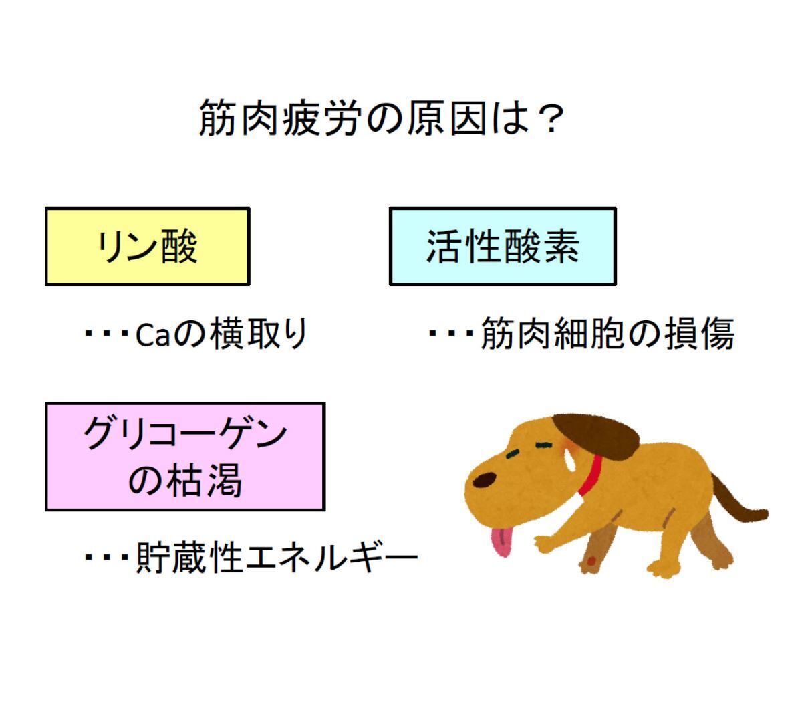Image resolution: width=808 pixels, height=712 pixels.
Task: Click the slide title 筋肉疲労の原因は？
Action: tap(382, 118)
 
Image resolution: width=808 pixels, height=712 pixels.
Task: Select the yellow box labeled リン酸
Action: tap(148, 246)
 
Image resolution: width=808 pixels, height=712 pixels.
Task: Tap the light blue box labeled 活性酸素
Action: tap(503, 246)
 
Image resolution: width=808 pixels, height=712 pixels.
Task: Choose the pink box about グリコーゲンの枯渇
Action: tap(185, 457)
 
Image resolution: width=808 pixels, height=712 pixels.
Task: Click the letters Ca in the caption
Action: tap(153, 336)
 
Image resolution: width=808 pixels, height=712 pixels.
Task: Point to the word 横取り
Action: tap(259, 334)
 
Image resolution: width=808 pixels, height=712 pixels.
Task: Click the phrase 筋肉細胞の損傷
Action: tap(608, 334)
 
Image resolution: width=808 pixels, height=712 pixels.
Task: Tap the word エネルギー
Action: tap(331, 558)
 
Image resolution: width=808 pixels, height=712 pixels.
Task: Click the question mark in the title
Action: tap(551, 118)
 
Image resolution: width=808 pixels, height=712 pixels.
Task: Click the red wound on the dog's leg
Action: tap(591, 561)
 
